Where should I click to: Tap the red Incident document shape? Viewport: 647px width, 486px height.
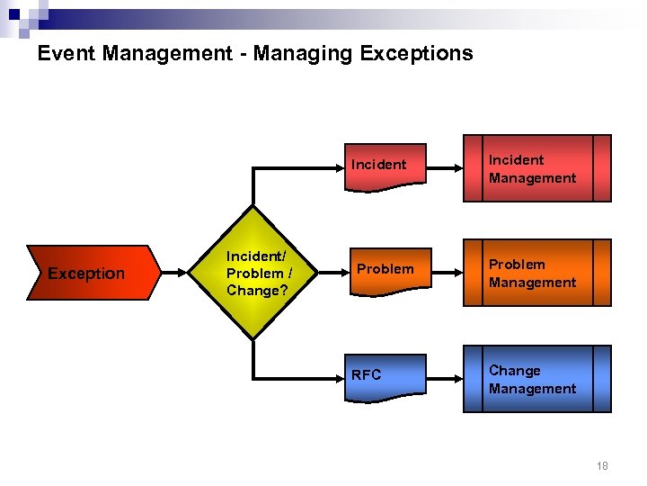pyautogui.click(x=386, y=166)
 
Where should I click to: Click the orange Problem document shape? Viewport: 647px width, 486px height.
pyautogui.click(x=386, y=270)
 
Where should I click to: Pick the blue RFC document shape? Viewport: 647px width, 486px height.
pyautogui.click(x=386, y=375)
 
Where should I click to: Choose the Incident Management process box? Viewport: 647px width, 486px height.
pyautogui.click(x=537, y=168)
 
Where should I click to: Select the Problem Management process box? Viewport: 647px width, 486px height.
pyautogui.click(x=537, y=273)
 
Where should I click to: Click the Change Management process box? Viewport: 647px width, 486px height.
pyautogui.click(x=537, y=379)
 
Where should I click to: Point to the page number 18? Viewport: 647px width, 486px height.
pyautogui.click(x=602, y=465)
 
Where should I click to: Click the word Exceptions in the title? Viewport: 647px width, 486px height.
pyautogui.click(x=416, y=53)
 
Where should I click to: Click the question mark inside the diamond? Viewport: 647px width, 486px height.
pyautogui.click(x=284, y=290)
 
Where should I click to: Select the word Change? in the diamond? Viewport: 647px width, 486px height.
pyautogui.click(x=253, y=290)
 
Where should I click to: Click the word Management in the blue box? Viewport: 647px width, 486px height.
pyautogui.click(x=532, y=389)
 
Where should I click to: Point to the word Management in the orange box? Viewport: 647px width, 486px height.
pyautogui.click(x=532, y=283)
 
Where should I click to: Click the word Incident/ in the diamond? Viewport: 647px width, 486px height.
pyautogui.click(x=256, y=256)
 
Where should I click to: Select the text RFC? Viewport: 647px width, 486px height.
pyautogui.click(x=367, y=375)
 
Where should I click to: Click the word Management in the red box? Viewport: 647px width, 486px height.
pyautogui.click(x=532, y=178)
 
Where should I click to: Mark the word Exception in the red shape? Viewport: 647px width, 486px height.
pyautogui.click(x=86, y=274)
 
